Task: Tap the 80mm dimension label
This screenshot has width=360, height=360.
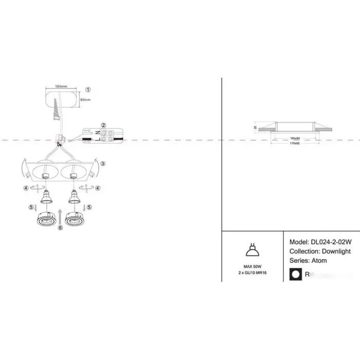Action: point(85,99)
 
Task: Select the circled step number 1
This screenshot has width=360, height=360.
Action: point(88,89)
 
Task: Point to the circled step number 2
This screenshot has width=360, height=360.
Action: point(103,125)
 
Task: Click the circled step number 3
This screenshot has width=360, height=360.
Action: point(103,164)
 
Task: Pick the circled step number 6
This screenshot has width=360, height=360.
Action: point(60,228)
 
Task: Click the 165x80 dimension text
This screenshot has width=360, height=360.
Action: point(295,138)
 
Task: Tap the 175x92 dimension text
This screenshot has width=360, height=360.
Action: point(295,144)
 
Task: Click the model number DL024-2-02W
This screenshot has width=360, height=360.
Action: point(332,242)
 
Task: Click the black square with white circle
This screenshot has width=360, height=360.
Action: point(296,275)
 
